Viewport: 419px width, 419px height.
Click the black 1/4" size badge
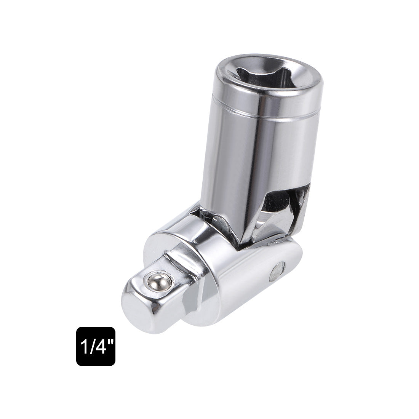coord(96,346)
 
